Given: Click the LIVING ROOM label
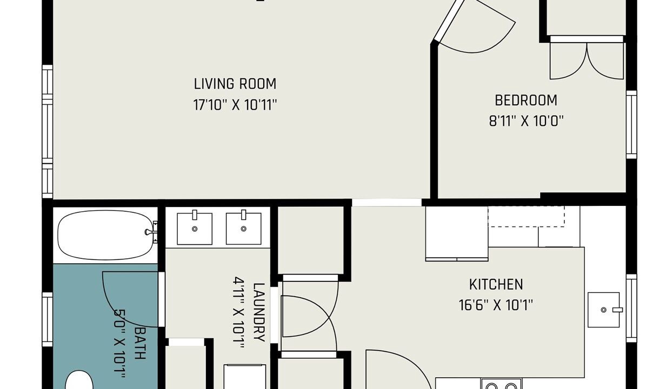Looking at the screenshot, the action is click(235, 84).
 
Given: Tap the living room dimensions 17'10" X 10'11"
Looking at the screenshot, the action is click(235, 105).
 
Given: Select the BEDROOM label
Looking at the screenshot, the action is click(526, 100).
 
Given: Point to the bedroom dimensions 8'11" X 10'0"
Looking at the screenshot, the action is click(526, 121).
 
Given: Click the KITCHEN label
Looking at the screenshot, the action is click(496, 284).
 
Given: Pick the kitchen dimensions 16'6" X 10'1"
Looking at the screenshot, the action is click(496, 305).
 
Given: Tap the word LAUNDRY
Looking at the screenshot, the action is click(259, 312).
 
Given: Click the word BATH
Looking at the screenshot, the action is click(140, 343).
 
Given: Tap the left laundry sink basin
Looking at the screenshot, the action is click(195, 229).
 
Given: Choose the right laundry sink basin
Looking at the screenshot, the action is click(243, 229).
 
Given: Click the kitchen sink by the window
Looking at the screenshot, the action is click(603, 310).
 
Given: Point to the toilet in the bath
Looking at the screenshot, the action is click(78, 380).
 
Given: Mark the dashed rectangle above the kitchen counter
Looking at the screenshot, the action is click(526, 217).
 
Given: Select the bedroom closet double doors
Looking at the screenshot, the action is click(587, 61).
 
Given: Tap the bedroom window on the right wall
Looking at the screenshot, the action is click(631, 125).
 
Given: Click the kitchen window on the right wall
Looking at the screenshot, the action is click(631, 308).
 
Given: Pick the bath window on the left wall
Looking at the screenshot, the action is click(47, 319).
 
